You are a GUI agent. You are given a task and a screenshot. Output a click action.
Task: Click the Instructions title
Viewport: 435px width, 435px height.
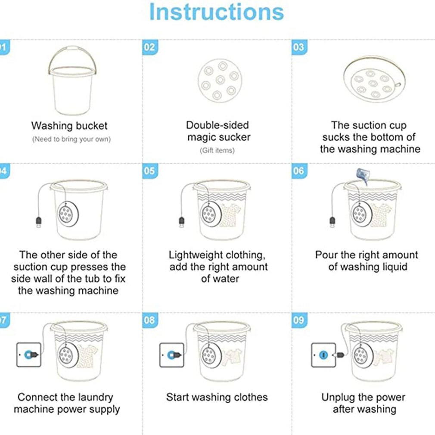(x=216, y=12)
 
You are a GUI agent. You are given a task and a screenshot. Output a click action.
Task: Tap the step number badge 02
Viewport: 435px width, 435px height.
(x=149, y=47)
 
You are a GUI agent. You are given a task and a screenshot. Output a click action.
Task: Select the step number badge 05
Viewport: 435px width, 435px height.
(x=149, y=171)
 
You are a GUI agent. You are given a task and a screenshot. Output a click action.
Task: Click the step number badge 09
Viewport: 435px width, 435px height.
(x=298, y=320)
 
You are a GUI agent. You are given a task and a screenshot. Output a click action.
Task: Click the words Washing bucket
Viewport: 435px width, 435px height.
(x=69, y=126)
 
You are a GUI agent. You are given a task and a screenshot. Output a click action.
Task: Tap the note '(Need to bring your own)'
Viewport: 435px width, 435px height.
(x=71, y=139)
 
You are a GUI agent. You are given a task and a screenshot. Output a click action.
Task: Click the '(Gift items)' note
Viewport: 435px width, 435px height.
(x=217, y=150)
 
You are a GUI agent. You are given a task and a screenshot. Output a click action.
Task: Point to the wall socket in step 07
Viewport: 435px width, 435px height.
(x=29, y=354)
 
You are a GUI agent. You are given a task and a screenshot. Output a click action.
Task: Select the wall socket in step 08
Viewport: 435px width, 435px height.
(x=172, y=354)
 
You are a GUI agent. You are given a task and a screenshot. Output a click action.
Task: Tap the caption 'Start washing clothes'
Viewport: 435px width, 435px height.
(x=217, y=397)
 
